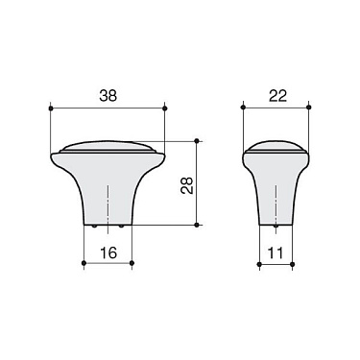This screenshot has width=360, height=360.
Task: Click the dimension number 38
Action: [107, 96]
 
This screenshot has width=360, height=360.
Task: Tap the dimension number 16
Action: [107, 252]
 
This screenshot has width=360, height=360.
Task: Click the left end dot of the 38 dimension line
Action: [47, 108]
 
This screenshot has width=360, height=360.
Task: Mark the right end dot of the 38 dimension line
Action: [166, 108]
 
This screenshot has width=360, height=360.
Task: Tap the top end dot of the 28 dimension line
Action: [197, 138]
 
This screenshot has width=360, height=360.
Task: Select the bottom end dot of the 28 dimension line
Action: [197, 225]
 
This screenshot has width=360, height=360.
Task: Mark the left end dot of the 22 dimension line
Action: [244, 108]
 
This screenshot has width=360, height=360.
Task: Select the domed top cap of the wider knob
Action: [107, 147]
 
